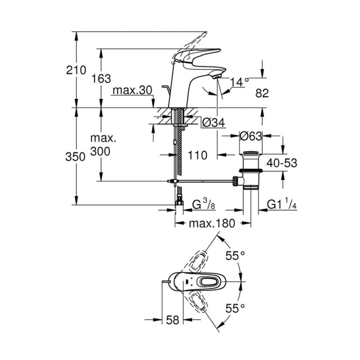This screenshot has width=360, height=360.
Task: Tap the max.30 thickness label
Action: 132,91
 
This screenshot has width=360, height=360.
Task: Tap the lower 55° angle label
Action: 235,308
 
